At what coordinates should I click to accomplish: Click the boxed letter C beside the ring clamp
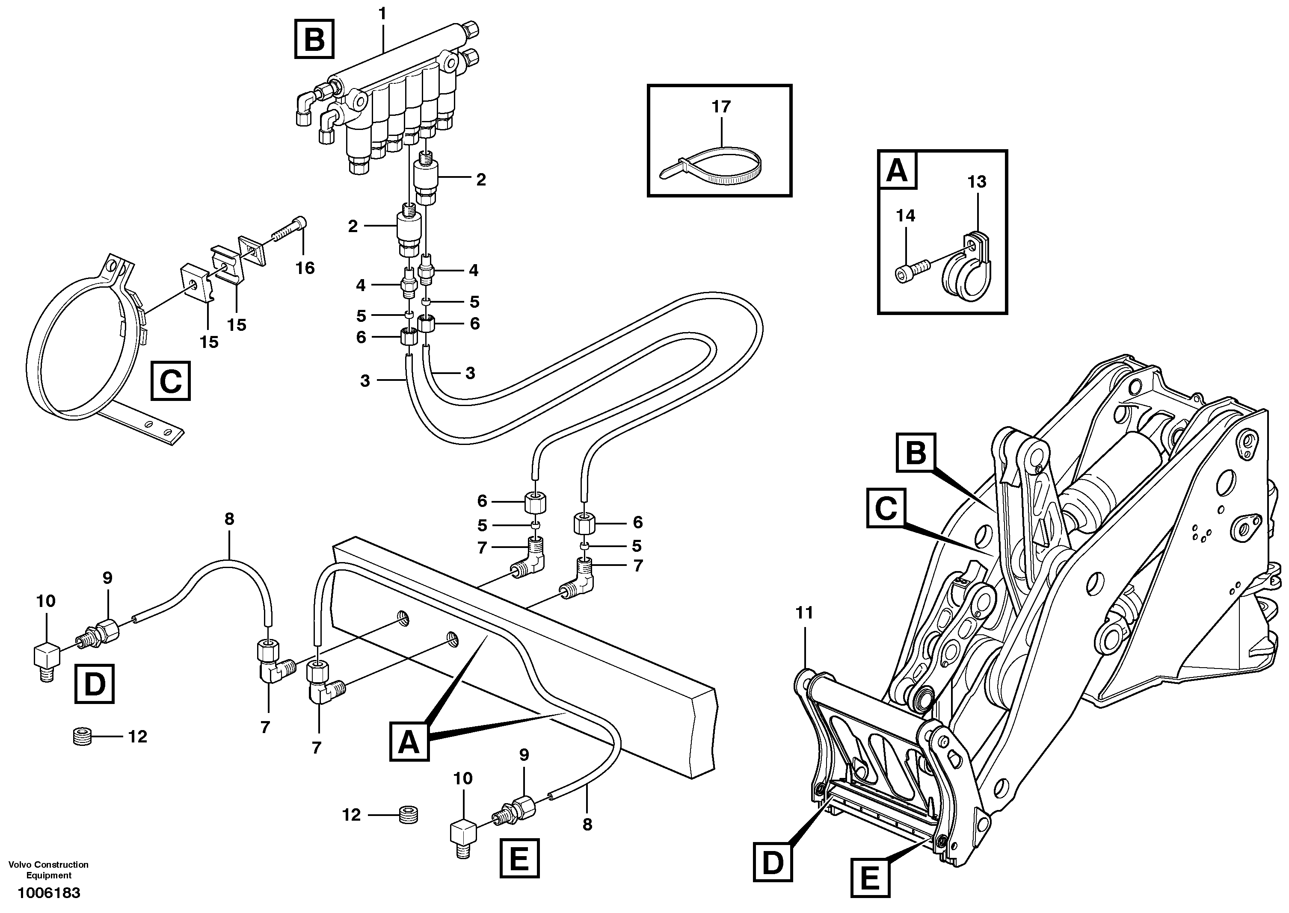pos(170,382)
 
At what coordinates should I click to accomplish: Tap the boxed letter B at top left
pos(314,39)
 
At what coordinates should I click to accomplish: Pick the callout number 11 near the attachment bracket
pos(805,613)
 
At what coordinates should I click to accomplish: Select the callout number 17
pos(721,106)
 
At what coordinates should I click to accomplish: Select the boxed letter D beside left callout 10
pos(95,683)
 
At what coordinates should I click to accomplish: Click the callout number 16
pos(305,268)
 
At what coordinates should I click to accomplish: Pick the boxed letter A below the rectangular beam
pos(409,742)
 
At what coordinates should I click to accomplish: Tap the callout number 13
pos(977,182)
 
